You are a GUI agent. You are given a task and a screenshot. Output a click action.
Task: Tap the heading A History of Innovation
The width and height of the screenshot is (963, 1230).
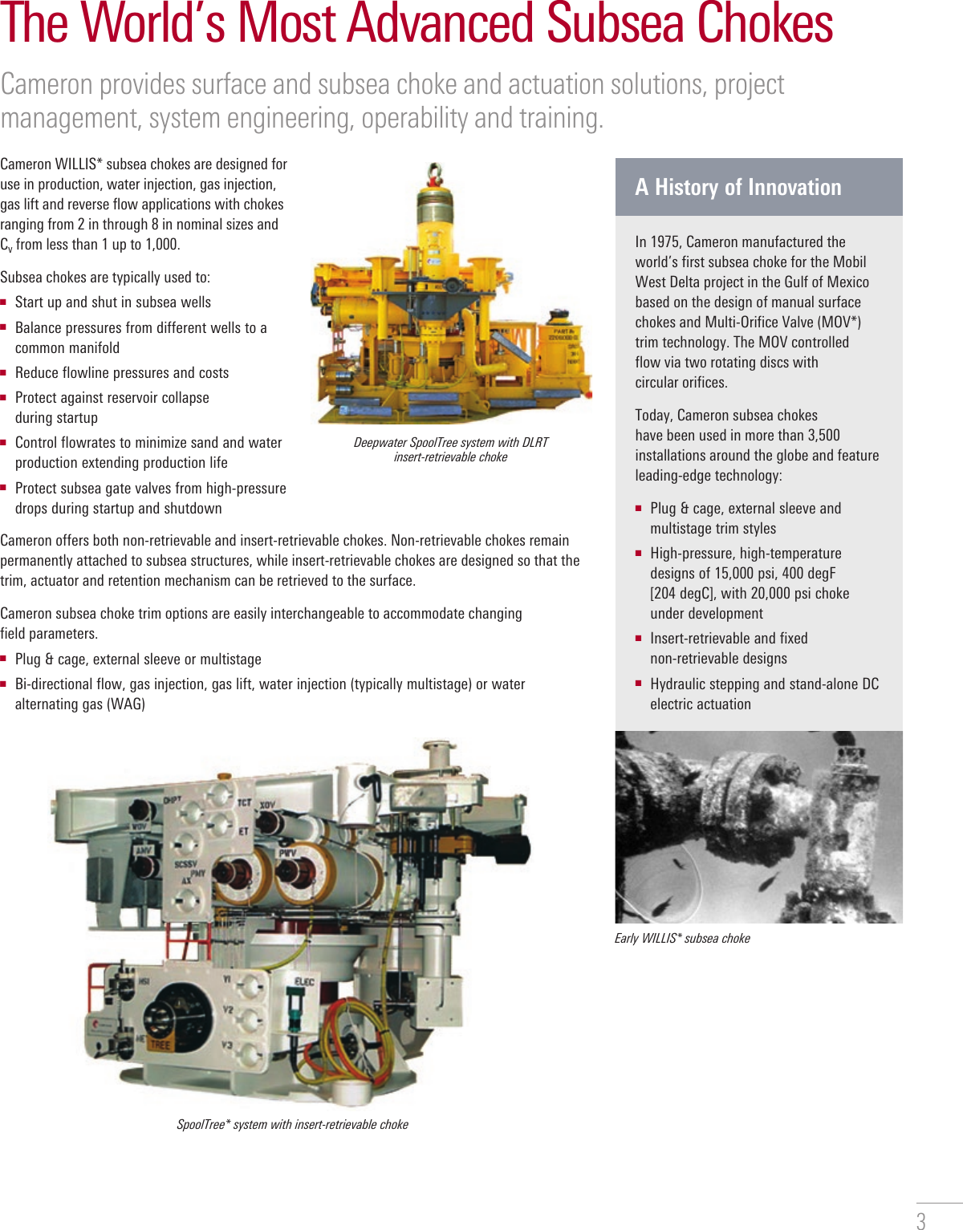pos(738,187)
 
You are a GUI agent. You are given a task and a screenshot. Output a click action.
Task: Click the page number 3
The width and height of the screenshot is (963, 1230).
pos(921,1220)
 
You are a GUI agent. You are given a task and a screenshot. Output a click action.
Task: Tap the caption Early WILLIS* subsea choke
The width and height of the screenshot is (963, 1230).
pos(682,938)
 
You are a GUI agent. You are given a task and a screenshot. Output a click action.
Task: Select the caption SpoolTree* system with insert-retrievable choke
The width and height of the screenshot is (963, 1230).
pos(292,1124)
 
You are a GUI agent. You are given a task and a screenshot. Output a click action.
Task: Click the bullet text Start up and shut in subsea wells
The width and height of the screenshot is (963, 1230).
pos(113,302)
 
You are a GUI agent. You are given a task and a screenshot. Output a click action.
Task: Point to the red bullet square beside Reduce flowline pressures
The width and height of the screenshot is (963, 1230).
pos(4,372)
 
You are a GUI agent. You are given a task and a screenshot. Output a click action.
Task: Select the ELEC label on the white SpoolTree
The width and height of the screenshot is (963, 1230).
pos(305,981)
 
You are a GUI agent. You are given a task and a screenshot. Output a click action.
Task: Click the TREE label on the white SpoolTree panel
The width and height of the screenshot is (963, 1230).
pos(160,1045)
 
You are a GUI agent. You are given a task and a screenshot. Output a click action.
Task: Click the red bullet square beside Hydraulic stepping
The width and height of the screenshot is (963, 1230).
pos(639,684)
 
